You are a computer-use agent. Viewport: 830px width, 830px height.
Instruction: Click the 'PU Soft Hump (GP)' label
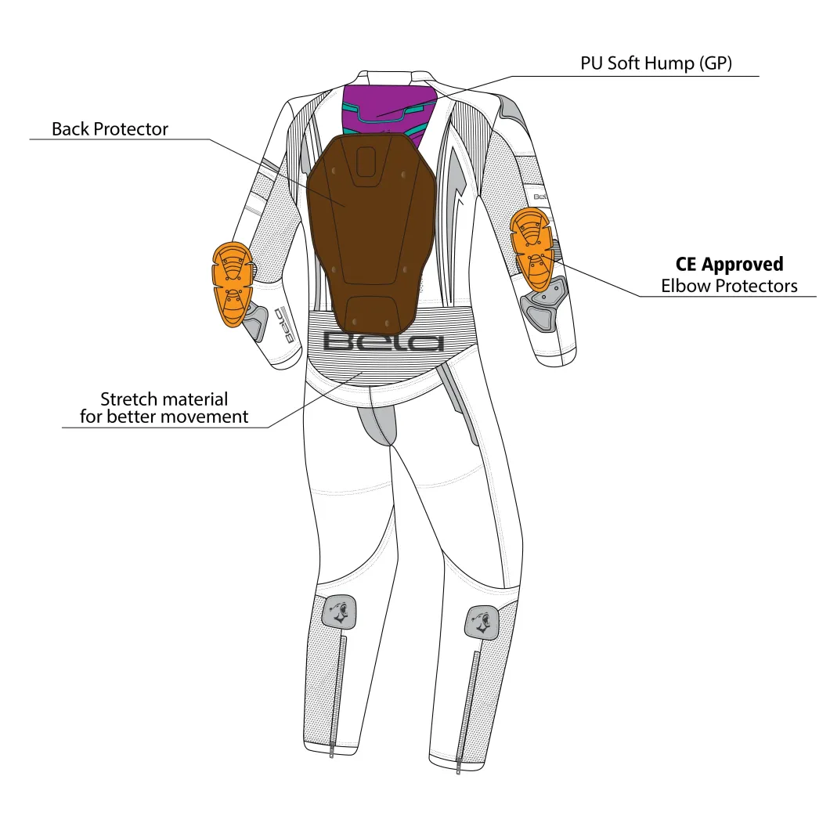(656, 63)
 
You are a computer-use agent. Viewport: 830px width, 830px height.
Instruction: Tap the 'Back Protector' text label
(110, 129)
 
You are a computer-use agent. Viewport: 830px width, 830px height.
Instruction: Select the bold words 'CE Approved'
(729, 264)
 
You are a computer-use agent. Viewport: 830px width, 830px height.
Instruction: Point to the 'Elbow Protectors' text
(729, 286)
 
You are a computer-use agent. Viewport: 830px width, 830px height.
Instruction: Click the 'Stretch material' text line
(164, 399)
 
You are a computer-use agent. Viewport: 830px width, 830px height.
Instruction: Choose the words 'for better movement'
(164, 417)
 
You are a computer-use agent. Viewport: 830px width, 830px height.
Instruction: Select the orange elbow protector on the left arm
(232, 284)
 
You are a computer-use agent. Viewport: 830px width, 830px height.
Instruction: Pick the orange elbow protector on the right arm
(532, 249)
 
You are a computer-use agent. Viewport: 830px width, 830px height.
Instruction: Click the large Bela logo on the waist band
(383, 342)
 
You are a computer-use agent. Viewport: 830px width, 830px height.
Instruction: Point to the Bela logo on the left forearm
(287, 324)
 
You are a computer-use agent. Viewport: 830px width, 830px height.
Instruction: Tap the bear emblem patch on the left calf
(339, 612)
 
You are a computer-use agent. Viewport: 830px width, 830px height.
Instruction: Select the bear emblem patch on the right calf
(482, 622)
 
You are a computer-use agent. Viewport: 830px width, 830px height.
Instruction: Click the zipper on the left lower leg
(338, 696)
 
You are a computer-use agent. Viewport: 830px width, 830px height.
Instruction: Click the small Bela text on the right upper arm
(539, 197)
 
